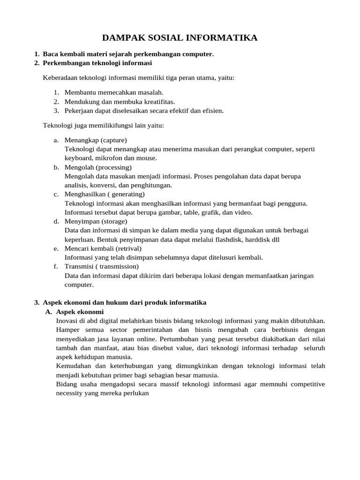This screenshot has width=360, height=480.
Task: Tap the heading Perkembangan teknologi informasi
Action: click(x=97, y=63)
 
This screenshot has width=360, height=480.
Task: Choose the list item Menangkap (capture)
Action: click(x=96, y=140)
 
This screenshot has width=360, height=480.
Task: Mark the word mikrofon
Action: click(x=109, y=158)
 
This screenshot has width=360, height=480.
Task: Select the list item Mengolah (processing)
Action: click(x=98, y=167)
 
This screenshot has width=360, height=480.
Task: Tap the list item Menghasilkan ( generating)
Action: click(x=105, y=194)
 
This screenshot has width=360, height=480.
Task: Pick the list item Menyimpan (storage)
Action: click(x=96, y=221)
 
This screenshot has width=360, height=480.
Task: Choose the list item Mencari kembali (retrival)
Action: click(x=103, y=248)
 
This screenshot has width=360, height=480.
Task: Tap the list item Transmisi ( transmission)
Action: click(x=102, y=267)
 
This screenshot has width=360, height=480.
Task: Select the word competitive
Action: click(x=307, y=384)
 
